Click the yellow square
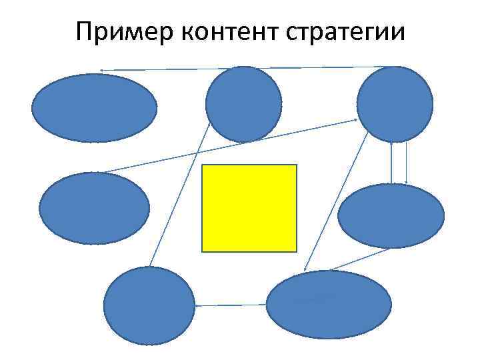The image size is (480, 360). click(x=249, y=208)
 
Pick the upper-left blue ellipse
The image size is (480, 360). click(x=95, y=107)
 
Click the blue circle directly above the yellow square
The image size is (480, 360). click(x=244, y=104)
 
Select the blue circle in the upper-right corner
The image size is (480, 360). click(x=395, y=104)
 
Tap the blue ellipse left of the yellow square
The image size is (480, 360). click(x=95, y=208)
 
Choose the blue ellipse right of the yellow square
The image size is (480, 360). click(x=391, y=216)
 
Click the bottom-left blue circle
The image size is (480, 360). click(x=149, y=305)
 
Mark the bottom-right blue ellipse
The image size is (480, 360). click(x=329, y=305)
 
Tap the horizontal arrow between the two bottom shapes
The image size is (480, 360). click(x=231, y=305)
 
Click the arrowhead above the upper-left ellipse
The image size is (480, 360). click(x=101, y=70)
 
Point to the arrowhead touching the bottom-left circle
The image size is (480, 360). click(x=197, y=305)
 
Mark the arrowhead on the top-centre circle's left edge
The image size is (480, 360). click(x=209, y=123)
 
